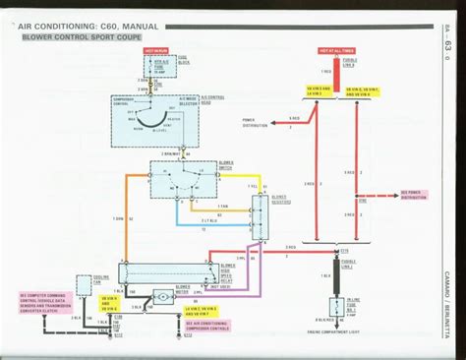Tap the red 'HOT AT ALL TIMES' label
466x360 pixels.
(x=335, y=47)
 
